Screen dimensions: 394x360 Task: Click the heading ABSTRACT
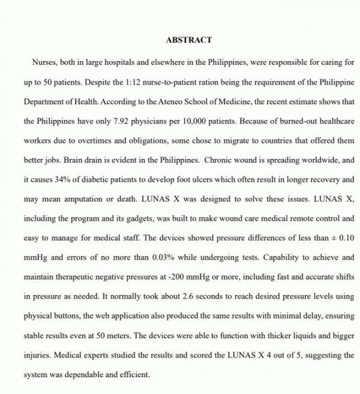pyautogui.click(x=188, y=40)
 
